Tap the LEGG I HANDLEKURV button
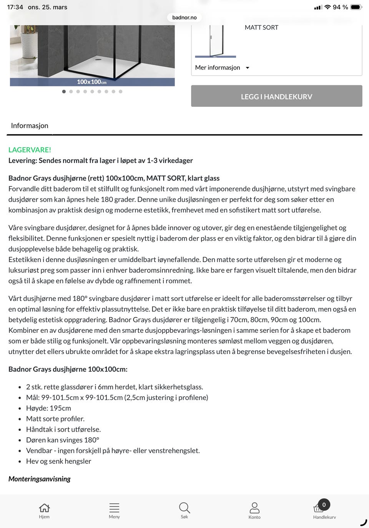click(x=276, y=96)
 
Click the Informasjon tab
click(x=30, y=126)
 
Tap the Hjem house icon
click(x=44, y=508)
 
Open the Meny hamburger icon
click(x=114, y=508)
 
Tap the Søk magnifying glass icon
click(x=184, y=508)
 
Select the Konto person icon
click(x=254, y=508)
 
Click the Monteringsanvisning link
click(x=40, y=479)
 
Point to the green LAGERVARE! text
click(x=30, y=150)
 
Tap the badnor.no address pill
click(x=184, y=17)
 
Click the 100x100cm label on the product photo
click(x=91, y=82)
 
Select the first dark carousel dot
click(x=64, y=91)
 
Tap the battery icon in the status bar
click(x=356, y=7)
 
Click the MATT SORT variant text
click(x=261, y=27)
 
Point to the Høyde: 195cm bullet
click(x=48, y=408)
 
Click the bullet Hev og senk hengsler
click(x=58, y=461)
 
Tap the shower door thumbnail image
click(x=216, y=41)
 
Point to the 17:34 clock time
click(x=15, y=7)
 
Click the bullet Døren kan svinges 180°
click(x=63, y=440)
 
